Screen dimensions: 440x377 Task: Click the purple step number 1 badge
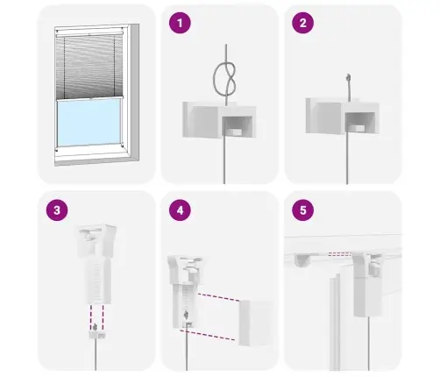coord(180,23)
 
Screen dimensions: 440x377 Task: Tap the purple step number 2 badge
coord(303,23)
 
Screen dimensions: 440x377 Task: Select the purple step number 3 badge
coord(57,210)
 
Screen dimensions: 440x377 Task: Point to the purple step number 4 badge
coord(180,210)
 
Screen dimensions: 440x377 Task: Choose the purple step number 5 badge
coord(303,210)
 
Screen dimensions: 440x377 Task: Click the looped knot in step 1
coord(225,79)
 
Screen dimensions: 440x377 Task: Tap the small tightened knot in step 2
coord(348,78)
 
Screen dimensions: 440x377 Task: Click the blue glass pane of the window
coord(89,122)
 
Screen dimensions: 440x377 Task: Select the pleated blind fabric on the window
coord(89,67)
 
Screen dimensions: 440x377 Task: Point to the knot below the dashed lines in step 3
coord(95,327)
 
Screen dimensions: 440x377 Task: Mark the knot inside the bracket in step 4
coord(186,316)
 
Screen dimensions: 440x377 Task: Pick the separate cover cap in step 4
coord(256,323)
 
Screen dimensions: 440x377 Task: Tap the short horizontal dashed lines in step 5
coord(339,254)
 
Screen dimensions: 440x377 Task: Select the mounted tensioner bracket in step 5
coord(368,284)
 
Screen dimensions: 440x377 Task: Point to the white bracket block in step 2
coord(343,116)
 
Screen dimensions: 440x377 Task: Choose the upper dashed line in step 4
coord(219,297)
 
